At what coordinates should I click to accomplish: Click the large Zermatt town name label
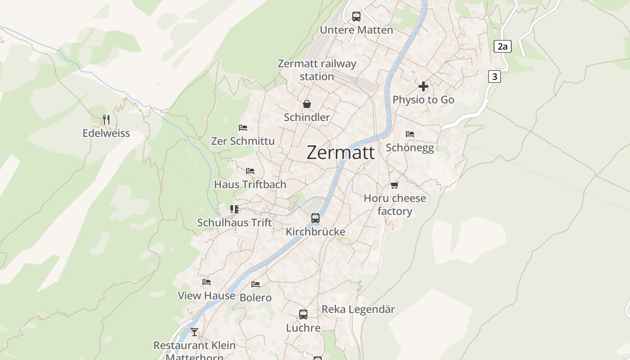coord(340,153)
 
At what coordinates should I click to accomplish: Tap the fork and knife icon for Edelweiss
coord(106,119)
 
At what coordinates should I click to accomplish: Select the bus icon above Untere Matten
coord(356,17)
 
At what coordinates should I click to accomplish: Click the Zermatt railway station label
coord(317,70)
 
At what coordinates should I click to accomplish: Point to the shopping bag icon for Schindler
coord(307,104)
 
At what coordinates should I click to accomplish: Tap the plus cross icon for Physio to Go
coord(423,86)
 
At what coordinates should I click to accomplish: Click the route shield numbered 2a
coord(503,46)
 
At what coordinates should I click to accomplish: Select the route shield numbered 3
coord(495,76)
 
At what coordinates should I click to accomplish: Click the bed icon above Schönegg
coord(409,134)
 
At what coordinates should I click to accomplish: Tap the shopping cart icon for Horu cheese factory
coord(395,185)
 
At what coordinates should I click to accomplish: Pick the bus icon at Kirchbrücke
coord(315,218)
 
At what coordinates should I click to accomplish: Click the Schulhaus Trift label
coord(234,222)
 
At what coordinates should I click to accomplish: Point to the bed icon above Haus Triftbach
coord(250,171)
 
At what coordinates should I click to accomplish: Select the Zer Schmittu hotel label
coord(243,141)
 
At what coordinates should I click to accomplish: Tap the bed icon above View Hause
coord(207,282)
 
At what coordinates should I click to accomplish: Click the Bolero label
coord(256,297)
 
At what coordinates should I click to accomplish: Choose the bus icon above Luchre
coord(303,315)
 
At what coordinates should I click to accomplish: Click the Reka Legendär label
coord(358,309)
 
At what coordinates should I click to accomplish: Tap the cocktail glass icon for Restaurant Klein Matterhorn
coord(194,332)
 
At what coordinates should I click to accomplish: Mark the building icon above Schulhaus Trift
coord(234,209)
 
